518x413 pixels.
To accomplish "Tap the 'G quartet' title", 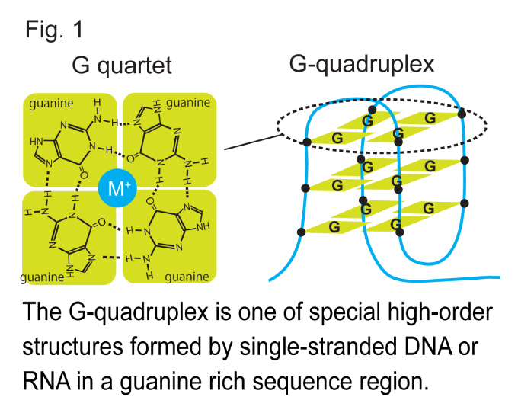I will click(x=121, y=66).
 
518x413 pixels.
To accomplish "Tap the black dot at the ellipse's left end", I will click(x=306, y=142).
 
